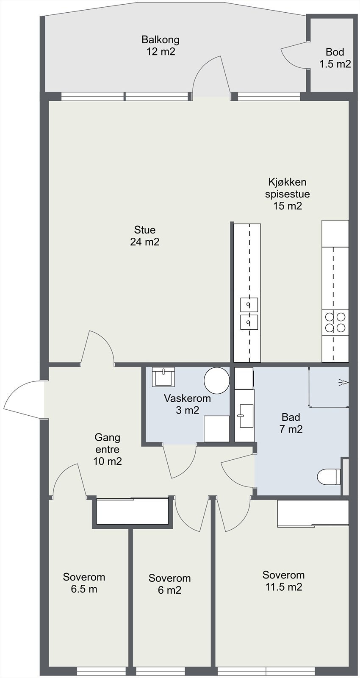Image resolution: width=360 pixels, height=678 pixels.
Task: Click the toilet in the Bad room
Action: (329, 477)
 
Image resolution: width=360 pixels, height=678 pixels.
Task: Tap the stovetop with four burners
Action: (335, 322)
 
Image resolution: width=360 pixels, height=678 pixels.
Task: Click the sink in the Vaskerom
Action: (163, 377)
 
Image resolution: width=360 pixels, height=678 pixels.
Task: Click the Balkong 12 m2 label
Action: (161, 45)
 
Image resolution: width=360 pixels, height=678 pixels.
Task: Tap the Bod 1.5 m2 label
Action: (335, 58)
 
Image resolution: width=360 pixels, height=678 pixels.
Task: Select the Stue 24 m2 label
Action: (145, 236)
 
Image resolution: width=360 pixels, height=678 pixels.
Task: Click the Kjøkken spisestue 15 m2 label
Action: (288, 194)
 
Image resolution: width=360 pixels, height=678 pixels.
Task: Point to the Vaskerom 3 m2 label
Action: (187, 404)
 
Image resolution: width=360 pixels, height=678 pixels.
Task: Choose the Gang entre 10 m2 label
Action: (108, 449)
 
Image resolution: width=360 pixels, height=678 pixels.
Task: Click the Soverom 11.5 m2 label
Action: (283, 581)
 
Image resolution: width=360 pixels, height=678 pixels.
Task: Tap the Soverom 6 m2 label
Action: (169, 584)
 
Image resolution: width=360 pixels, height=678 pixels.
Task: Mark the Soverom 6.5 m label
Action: (84, 583)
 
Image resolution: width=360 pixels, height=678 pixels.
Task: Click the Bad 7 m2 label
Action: (291, 423)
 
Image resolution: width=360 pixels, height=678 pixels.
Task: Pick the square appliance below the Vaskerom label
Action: (216, 429)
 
